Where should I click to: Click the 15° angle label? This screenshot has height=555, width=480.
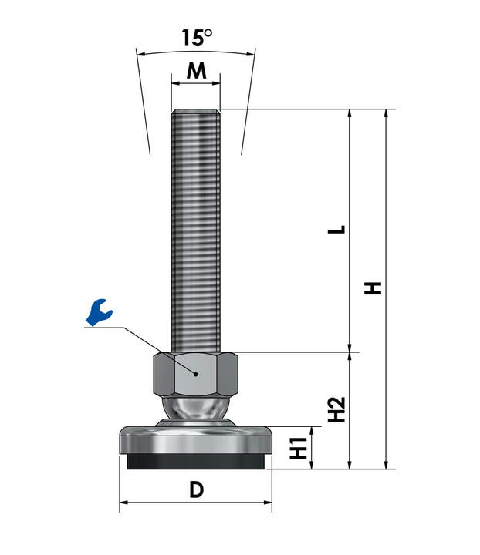click(x=197, y=38)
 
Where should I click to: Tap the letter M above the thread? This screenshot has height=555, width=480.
click(x=196, y=70)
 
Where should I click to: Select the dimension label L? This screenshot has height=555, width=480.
click(x=336, y=230)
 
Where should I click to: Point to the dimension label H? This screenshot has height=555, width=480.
click(x=373, y=288)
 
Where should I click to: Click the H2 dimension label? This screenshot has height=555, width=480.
click(x=336, y=409)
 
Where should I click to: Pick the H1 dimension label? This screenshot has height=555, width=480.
click(x=299, y=448)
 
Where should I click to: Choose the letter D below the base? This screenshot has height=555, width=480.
click(x=196, y=489)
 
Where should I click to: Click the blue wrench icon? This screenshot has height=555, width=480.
click(x=99, y=312)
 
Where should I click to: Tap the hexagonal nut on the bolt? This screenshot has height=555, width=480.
click(x=195, y=374)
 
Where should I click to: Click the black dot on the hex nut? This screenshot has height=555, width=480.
click(x=195, y=374)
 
